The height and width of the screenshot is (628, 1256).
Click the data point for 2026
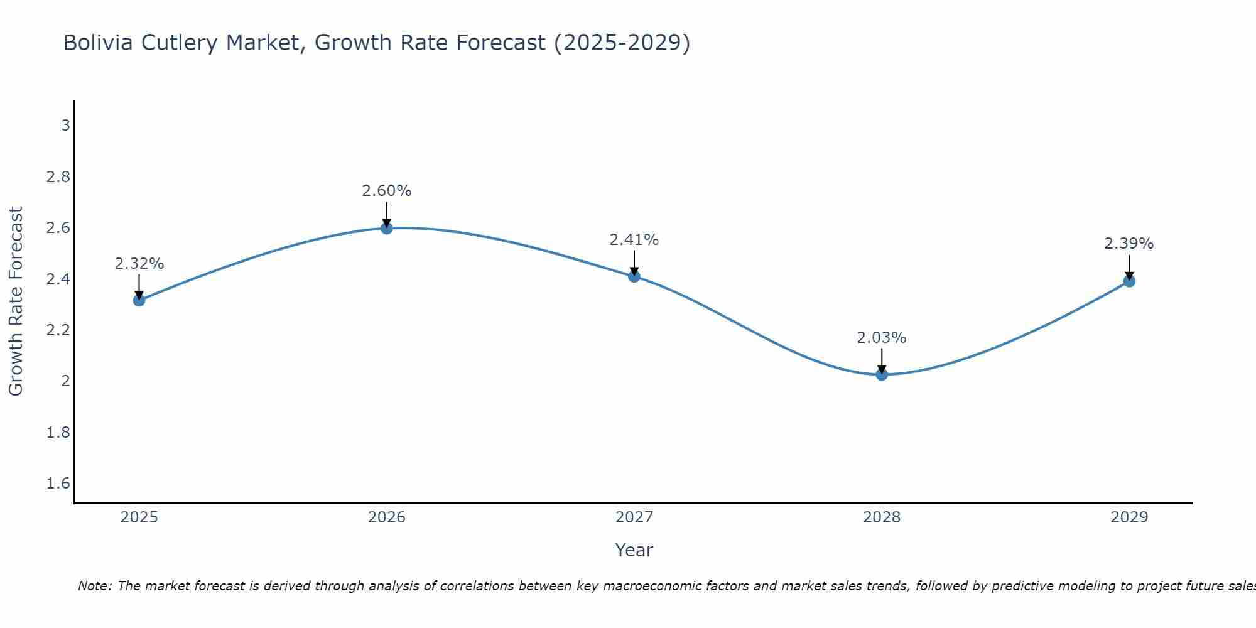pyautogui.click(x=387, y=228)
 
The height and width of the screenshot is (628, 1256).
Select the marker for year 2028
pyautogui.click(x=882, y=374)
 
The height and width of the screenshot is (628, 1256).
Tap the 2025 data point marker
pyautogui.click(x=139, y=300)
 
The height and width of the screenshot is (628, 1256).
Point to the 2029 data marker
pyautogui.click(x=1129, y=281)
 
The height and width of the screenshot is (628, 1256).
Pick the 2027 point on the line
pyautogui.click(x=634, y=276)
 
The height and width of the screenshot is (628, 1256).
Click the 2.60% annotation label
pyautogui.click(x=387, y=190)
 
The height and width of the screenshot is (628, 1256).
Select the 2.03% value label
pyautogui.click(x=882, y=337)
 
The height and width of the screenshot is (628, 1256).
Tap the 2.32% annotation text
pyautogui.click(x=139, y=263)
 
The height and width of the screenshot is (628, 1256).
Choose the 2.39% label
pyautogui.click(x=1129, y=244)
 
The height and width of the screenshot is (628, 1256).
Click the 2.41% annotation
pyautogui.click(x=634, y=239)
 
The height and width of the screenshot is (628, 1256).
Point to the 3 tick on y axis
pyautogui.click(x=65, y=125)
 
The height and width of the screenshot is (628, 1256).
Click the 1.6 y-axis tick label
pyautogui.click(x=58, y=483)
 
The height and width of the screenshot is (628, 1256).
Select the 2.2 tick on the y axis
pyautogui.click(x=58, y=330)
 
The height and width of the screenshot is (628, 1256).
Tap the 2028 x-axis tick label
pyautogui.click(x=882, y=517)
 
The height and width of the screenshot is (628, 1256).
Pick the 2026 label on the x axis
pyautogui.click(x=387, y=517)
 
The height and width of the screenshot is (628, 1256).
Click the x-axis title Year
pyautogui.click(x=634, y=550)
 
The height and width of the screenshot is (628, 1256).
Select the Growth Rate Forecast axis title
pyautogui.click(x=16, y=301)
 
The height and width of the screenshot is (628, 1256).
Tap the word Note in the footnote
pyautogui.click(x=94, y=586)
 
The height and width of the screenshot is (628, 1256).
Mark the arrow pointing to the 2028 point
pyautogui.click(x=882, y=361)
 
